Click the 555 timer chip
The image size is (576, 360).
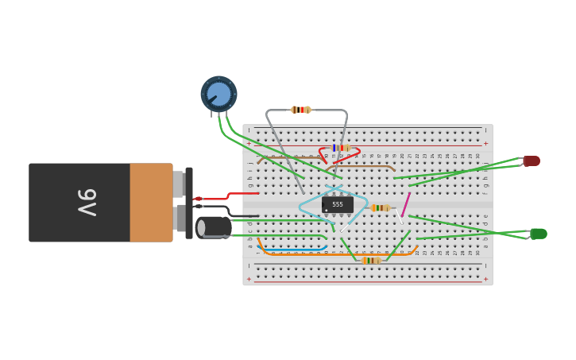point(338,204)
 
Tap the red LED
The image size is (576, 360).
point(532,161)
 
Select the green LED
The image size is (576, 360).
point(539,234)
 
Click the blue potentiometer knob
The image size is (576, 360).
point(218,94)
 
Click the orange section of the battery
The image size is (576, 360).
point(151,202)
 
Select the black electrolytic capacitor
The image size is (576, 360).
point(214,227)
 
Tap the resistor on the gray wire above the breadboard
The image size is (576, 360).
point(300,110)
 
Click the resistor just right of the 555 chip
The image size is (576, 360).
point(381,208)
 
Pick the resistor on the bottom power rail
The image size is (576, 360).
point(370,261)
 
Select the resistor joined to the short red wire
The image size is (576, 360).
point(341,148)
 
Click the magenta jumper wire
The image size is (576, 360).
point(406,205)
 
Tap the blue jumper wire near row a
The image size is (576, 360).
point(294,249)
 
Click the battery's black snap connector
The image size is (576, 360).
point(189,203)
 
